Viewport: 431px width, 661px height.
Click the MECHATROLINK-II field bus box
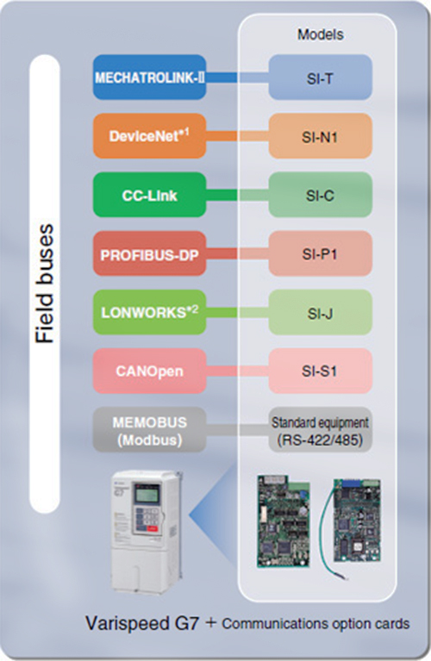tap(150, 78)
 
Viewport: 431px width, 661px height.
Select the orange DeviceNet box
tap(150, 136)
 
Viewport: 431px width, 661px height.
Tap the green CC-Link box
tap(150, 195)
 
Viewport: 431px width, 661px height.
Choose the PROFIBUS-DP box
tap(150, 253)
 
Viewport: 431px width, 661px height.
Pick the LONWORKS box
tap(150, 312)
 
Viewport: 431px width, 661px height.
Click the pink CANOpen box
tap(150, 371)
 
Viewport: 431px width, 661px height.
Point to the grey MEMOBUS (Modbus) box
tap(150, 430)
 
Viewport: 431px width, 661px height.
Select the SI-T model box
tap(321, 78)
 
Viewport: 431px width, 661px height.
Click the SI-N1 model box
tap(321, 136)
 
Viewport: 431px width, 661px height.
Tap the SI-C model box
tap(321, 195)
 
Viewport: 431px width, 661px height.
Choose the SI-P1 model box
tap(321, 253)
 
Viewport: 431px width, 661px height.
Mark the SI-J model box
tap(321, 312)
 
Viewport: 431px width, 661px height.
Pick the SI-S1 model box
tap(321, 371)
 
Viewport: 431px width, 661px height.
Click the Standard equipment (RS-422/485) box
tap(321, 430)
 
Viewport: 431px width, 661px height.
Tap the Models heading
tap(321, 34)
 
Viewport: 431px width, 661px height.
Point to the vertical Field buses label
tap(45, 284)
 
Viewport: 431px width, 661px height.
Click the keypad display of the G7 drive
tap(147, 494)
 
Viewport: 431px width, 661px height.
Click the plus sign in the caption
tap(210, 622)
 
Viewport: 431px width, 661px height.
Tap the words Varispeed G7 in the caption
tap(142, 623)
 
